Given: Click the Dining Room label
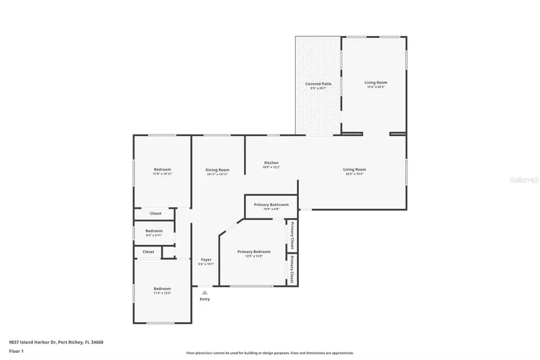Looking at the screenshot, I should coord(218,170).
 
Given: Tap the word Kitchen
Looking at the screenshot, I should coord(271,163).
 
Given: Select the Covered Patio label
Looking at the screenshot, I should coord(318,84).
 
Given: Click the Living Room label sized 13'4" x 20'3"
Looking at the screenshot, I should coord(376,82).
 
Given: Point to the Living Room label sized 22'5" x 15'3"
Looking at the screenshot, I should coord(355,169).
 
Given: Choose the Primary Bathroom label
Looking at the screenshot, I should coord(271,205).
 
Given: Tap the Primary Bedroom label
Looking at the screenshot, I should coord(254,251).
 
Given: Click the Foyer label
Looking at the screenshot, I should coord(205,260).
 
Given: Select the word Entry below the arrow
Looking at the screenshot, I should coord(205,299).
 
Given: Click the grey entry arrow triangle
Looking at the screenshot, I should coord(205,292).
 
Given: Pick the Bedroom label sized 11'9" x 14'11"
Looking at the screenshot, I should coord(162,169).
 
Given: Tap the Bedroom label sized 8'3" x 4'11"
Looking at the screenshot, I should coord(154,230).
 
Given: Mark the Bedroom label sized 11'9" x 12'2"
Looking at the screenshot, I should coord(162,289).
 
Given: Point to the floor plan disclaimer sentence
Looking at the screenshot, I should coord(269,353).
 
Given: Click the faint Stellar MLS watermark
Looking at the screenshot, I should coord(521,179).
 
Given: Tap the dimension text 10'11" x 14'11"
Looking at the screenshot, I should coord(218,174).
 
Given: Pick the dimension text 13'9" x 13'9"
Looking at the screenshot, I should coord(254,256).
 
